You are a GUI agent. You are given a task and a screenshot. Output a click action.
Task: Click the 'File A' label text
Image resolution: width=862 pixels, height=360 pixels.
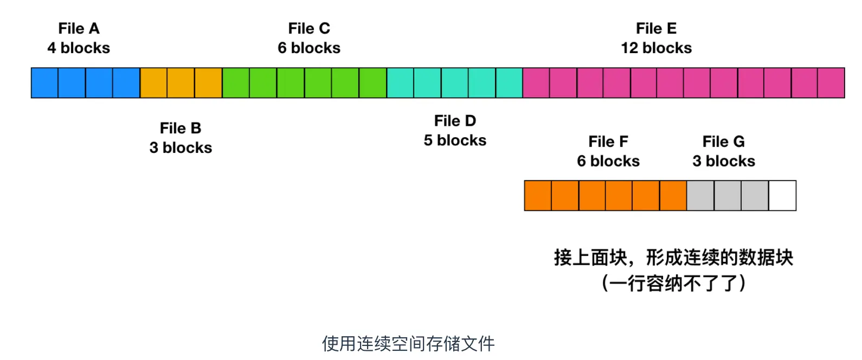tap(79, 28)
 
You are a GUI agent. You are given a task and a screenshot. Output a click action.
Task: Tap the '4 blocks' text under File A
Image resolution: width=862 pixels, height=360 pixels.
tap(79, 48)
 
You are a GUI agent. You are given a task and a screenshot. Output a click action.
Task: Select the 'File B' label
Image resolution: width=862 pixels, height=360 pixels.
tap(181, 128)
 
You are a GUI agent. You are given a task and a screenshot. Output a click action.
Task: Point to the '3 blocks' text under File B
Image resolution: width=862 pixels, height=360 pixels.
tap(181, 147)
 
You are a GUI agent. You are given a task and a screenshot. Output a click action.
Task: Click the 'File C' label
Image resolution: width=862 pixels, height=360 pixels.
tap(309, 28)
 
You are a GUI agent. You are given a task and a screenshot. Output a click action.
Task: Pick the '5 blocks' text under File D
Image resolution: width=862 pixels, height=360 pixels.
tap(455, 140)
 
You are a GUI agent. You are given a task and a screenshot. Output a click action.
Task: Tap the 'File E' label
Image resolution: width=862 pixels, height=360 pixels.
tap(656, 28)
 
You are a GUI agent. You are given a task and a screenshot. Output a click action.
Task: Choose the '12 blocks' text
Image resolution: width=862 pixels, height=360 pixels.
tap(656, 48)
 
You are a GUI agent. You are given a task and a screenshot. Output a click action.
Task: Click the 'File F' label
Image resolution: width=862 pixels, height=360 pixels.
tap(608, 142)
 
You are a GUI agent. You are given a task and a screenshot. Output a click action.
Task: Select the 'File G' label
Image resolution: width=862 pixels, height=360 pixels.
tap(723, 142)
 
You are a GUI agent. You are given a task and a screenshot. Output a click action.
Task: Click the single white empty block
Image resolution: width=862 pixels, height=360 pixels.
tap(782, 196)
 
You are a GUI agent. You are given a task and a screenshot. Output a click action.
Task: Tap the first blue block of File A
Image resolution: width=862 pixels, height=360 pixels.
tap(44, 83)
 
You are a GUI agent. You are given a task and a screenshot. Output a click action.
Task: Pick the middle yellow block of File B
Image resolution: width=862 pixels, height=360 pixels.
tap(181, 83)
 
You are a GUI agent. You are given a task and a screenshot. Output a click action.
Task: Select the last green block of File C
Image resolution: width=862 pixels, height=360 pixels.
tap(373, 83)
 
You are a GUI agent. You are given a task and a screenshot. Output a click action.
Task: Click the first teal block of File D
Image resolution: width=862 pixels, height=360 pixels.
tap(400, 83)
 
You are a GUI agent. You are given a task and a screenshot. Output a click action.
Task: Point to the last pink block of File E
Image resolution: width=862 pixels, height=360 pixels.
tap(831, 83)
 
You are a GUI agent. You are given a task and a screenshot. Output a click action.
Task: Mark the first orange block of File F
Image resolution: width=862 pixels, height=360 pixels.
tap(538, 196)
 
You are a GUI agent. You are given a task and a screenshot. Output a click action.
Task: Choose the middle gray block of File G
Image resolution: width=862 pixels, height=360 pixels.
tap(728, 196)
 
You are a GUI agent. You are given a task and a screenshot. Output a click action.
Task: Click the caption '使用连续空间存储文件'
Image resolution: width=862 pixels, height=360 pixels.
tap(408, 343)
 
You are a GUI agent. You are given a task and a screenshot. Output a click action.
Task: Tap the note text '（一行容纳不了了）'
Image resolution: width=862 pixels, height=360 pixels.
tap(673, 283)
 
